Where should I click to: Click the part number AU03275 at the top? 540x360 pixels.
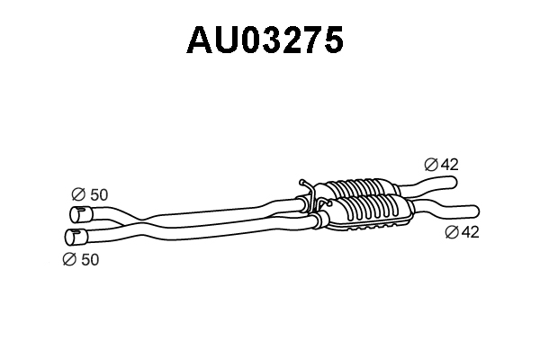[x=265, y=40]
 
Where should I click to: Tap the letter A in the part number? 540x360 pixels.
[x=200, y=40]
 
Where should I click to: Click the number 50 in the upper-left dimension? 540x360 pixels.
[x=99, y=194]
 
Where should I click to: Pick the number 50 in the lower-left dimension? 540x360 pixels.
[x=90, y=259]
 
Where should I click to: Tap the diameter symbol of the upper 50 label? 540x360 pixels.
[x=78, y=194]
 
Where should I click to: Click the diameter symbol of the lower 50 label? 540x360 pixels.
[x=69, y=259]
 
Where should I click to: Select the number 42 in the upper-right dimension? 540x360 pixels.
[x=450, y=165]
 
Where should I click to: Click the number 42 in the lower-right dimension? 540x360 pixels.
[x=470, y=232]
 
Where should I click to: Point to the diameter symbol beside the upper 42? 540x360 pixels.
[x=431, y=165]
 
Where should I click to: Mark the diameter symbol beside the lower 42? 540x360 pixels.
[x=452, y=232]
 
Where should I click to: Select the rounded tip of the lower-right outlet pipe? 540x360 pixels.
[x=476, y=211]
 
